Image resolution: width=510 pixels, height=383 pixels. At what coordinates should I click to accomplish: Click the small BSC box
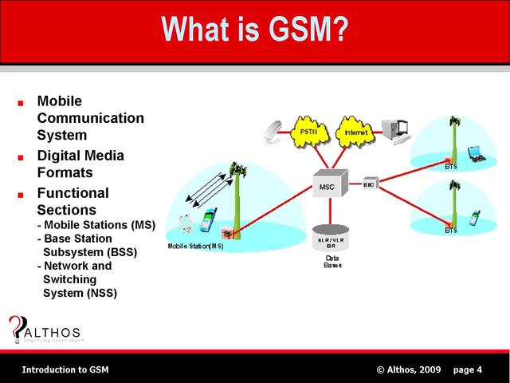pos(370,184)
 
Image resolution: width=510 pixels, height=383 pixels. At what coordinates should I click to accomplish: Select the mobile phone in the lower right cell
pos(477,216)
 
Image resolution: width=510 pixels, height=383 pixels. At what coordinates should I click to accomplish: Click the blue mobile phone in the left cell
pos(210,220)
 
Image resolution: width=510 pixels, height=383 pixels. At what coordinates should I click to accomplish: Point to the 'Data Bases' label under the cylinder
pos(332,263)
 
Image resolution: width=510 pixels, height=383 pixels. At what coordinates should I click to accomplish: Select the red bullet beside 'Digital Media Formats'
pos(21,156)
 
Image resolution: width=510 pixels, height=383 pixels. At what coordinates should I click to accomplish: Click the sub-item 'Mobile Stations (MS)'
pos(96,224)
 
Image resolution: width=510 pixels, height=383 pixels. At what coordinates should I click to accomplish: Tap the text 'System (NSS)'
pos(80,293)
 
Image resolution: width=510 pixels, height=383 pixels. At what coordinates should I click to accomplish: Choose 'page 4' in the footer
pos(467,369)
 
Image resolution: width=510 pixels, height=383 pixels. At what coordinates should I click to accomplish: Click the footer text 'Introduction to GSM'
pos(65,369)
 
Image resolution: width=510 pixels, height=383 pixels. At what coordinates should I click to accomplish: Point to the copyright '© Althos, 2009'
pos(408,369)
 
